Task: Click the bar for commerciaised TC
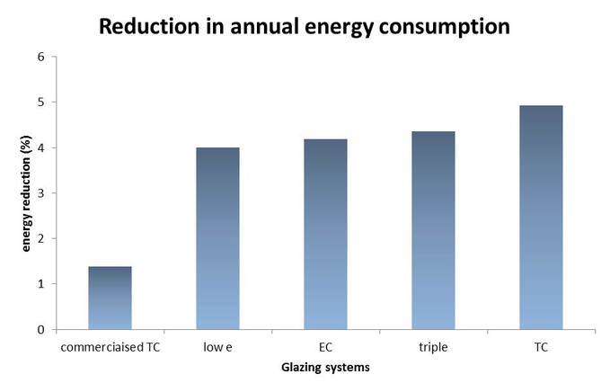[110, 298]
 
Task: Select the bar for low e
[217, 238]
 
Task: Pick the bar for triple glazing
[433, 230]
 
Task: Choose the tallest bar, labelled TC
[541, 218]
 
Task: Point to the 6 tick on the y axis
[41, 57]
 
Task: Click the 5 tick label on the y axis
[41, 102]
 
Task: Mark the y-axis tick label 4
[41, 147]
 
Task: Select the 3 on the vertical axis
[41, 192]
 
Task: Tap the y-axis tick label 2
[41, 238]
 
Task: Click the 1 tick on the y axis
[41, 284]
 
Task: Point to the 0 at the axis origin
[41, 330]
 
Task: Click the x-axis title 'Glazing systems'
[325, 367]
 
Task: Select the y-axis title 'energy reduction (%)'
[27, 192]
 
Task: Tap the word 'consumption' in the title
[445, 26]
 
